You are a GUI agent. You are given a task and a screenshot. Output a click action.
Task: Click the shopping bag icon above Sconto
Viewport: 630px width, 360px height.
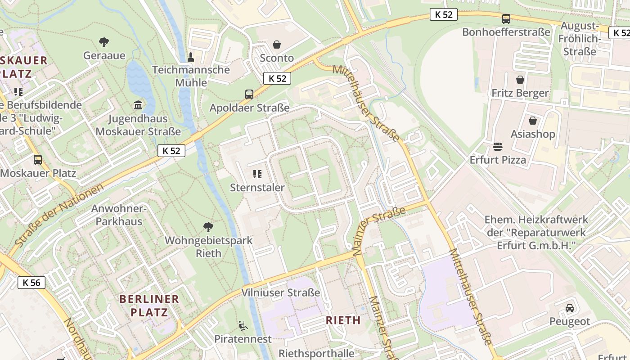click(x=277, y=45)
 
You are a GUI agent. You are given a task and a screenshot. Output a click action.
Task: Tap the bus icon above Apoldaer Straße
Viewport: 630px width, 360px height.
click(x=249, y=94)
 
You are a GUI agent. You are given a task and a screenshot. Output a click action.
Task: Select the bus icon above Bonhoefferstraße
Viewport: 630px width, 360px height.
click(x=506, y=19)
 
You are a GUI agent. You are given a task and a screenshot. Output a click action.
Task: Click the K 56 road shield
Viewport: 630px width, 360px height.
click(x=31, y=283)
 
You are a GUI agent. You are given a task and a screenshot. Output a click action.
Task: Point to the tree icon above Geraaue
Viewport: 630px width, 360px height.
click(x=104, y=42)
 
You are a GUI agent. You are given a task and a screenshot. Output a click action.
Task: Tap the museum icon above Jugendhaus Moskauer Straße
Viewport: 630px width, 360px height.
click(x=138, y=105)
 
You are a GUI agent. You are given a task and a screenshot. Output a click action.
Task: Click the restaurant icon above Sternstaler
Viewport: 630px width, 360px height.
click(x=257, y=174)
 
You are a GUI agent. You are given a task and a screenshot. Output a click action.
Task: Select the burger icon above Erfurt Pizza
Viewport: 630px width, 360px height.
click(x=498, y=146)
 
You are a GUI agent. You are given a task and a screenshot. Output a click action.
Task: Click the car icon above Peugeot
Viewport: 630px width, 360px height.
click(x=570, y=308)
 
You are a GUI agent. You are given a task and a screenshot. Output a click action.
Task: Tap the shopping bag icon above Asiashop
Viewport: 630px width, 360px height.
click(x=533, y=121)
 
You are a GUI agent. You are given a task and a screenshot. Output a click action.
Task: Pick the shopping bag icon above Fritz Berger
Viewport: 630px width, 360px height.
click(x=520, y=80)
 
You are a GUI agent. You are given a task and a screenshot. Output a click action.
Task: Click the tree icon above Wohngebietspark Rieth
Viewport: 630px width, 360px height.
click(x=208, y=227)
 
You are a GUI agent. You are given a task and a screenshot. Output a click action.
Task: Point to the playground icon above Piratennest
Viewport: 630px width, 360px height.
click(x=243, y=325)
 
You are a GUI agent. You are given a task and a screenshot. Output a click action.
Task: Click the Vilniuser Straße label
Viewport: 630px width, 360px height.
click(x=281, y=292)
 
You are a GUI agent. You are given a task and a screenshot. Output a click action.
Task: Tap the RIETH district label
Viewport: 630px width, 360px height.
click(x=343, y=320)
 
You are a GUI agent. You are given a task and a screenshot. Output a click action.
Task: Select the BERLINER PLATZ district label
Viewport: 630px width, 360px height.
click(x=149, y=305)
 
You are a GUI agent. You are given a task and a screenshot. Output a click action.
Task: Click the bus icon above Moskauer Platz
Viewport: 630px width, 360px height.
click(x=38, y=159)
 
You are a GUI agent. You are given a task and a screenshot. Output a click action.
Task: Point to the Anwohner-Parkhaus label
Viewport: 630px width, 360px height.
click(x=119, y=215)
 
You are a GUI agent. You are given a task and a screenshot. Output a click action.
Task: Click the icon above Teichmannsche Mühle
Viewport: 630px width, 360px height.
click(x=191, y=57)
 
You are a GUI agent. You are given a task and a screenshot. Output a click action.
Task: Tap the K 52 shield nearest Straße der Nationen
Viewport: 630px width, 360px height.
click(x=171, y=151)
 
